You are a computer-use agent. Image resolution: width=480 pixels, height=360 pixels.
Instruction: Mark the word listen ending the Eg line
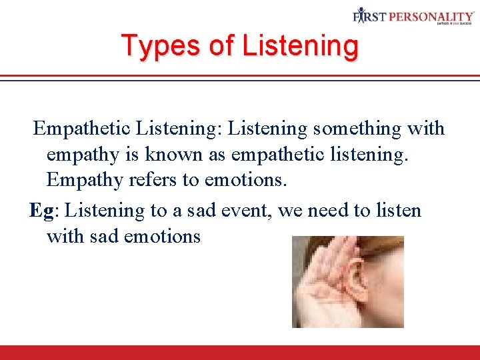397,211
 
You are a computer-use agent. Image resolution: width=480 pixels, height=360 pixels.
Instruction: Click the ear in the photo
359,277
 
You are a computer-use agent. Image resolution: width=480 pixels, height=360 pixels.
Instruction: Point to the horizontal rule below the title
240,77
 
